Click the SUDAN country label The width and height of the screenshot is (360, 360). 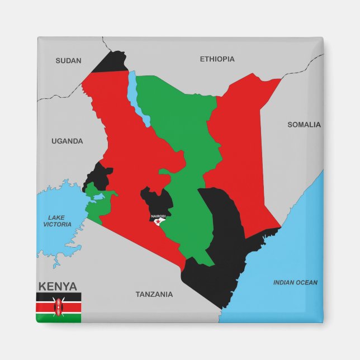coord(68,61)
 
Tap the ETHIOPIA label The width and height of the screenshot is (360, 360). coord(217,59)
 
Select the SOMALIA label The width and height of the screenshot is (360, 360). coord(304,125)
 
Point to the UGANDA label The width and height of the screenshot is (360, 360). coord(67,141)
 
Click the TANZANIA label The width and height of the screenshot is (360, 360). coord(154,294)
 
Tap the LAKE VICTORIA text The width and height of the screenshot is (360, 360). coord(57,221)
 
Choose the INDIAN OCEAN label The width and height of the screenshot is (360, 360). coord(295,282)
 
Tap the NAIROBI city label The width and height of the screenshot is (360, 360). coord(159,216)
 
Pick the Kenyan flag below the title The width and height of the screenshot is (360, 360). coord(59,307)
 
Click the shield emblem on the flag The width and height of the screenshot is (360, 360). coord(59,307)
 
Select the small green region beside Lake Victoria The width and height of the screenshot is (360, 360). coord(96,203)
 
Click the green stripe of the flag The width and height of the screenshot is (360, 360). coord(59,318)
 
